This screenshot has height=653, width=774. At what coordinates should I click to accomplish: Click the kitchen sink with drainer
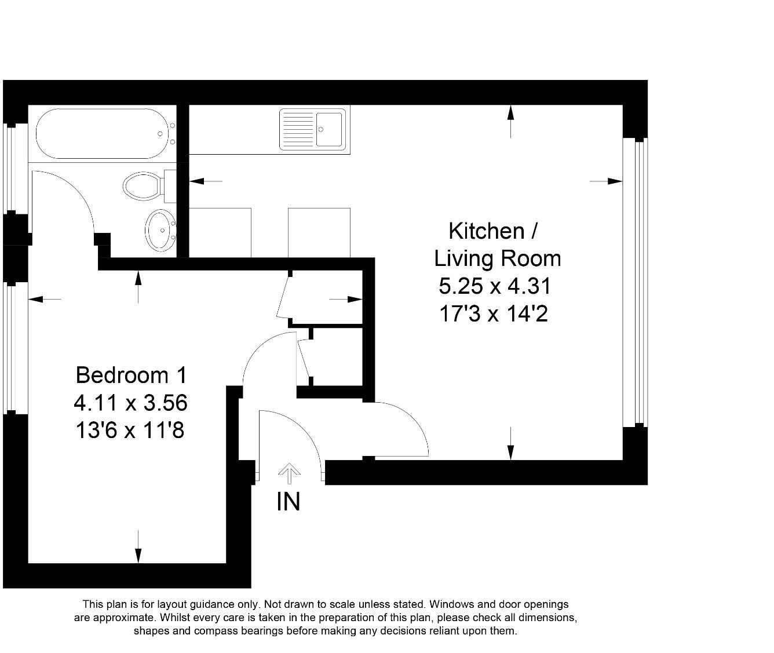click(313, 130)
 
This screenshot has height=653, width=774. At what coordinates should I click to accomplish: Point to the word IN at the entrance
click(289, 502)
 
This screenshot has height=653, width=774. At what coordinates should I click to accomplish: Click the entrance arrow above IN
click(289, 473)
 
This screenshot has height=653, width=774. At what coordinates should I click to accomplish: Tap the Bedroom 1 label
click(132, 375)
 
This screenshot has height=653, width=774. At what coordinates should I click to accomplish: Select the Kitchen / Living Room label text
click(497, 245)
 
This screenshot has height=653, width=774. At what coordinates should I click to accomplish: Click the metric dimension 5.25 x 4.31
click(494, 286)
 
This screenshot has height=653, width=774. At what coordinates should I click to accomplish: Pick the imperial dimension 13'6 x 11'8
click(130, 431)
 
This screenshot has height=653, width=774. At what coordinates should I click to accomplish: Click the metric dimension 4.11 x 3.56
click(130, 403)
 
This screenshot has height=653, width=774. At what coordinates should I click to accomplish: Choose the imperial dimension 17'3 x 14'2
click(494, 314)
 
